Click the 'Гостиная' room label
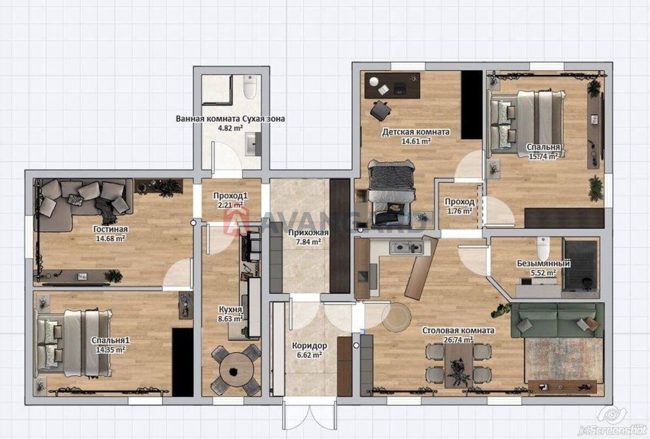tap(110, 229)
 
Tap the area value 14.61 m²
tap(416, 141)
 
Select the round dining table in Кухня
tap(236, 370)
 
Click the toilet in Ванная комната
tap(250, 87)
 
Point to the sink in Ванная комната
tap(253, 144)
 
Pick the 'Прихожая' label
tap(308, 233)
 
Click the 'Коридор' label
tap(309, 346)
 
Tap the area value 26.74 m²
tap(458, 340)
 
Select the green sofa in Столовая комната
tap(557, 320)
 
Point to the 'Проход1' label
tap(230, 196)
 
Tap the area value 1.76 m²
tap(459, 211)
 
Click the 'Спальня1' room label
tap(110, 341)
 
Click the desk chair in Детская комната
tap(380, 110)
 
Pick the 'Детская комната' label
tap(416, 132)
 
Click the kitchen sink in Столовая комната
tap(406, 248)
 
